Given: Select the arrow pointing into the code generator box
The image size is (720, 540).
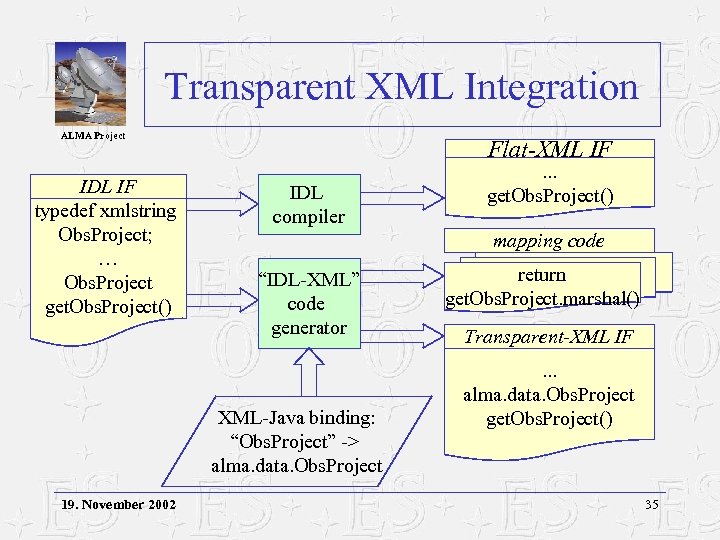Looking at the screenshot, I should click(222, 294).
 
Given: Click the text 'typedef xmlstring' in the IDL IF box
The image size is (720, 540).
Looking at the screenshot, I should click(105, 210).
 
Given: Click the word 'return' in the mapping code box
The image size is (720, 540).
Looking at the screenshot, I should click(541, 275).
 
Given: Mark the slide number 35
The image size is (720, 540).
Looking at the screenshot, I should click(652, 504).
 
